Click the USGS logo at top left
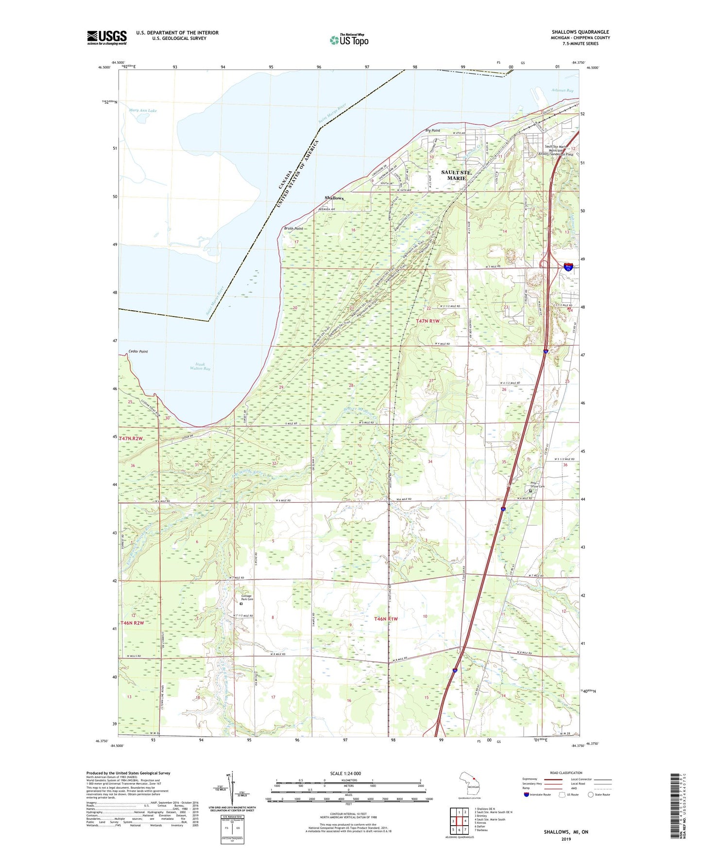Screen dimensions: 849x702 [x=107, y=37]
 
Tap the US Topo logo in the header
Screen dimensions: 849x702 [x=349, y=40]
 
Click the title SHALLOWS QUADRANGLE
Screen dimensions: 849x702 [x=580, y=32]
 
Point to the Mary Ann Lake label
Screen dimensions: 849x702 [x=143, y=110]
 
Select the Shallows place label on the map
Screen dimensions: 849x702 [x=334, y=198]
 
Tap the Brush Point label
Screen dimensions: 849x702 [x=293, y=228]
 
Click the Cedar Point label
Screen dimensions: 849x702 [x=138, y=351]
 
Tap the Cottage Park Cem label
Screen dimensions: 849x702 [x=247, y=598]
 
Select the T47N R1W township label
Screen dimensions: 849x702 [x=428, y=321]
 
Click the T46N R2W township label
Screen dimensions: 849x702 [x=133, y=622]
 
